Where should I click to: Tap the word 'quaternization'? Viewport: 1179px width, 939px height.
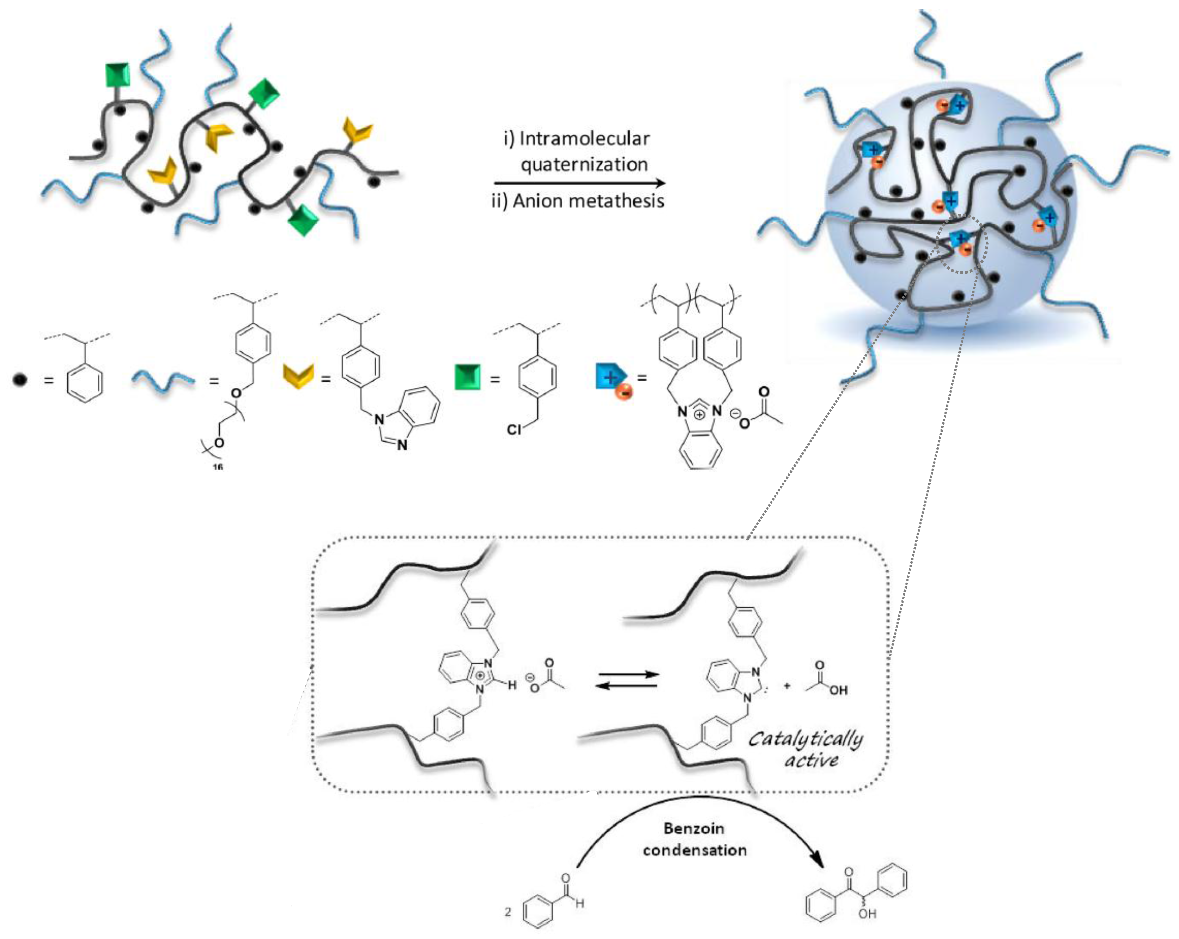tap(584, 164)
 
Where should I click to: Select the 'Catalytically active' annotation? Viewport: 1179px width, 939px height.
tap(806, 749)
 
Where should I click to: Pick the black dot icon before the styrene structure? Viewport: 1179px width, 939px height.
tap(20, 379)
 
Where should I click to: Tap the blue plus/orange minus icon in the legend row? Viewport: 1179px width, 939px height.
tap(613, 379)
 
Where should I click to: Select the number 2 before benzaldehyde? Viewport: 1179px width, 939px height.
tap(508, 911)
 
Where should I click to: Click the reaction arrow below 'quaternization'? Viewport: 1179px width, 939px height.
tap(580, 183)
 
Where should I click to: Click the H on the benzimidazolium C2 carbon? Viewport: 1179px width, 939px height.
tap(512, 685)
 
